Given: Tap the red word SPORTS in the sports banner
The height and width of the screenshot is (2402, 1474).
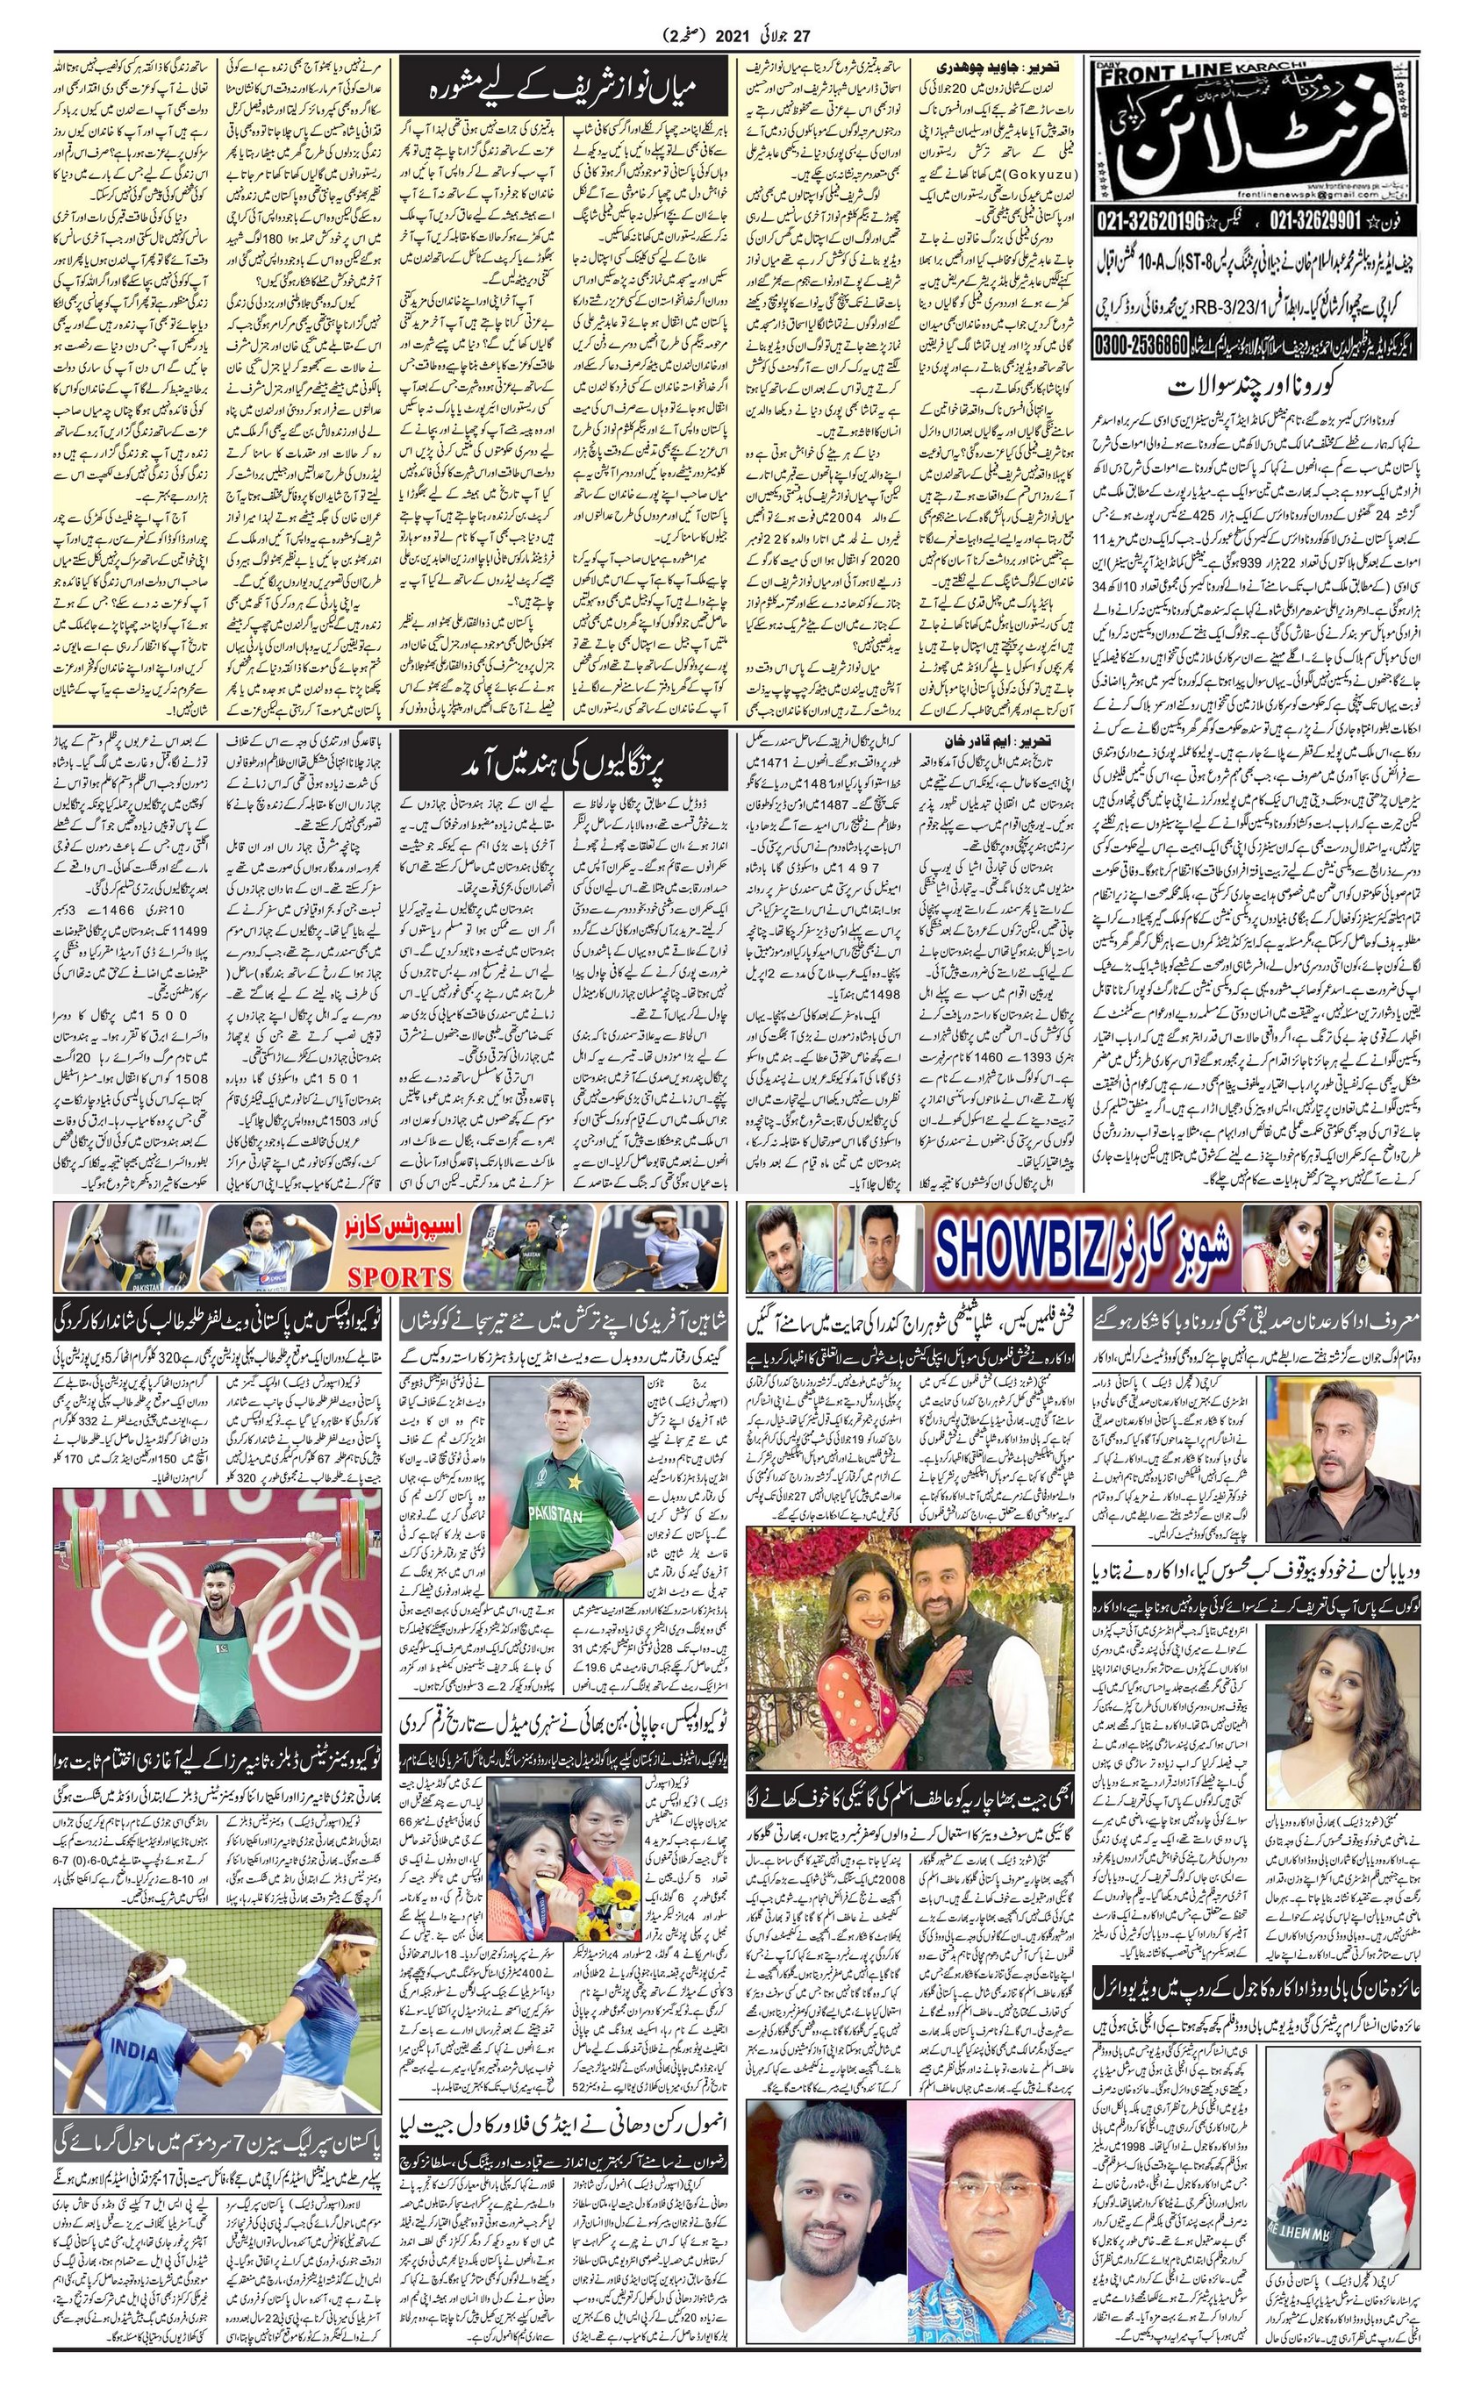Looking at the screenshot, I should pyautogui.click(x=400, y=1276).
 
